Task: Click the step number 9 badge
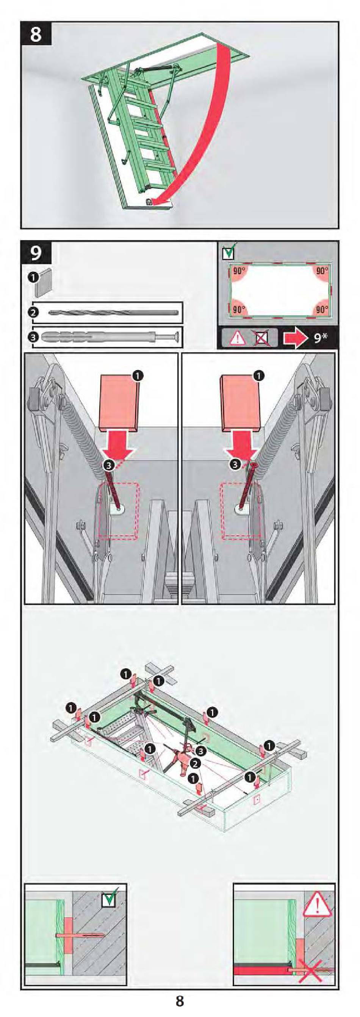pyautogui.click(x=36, y=253)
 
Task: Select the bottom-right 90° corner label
pyautogui.click(x=322, y=310)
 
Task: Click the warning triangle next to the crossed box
pyautogui.click(x=238, y=338)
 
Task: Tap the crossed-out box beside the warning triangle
pyautogui.click(x=261, y=338)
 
